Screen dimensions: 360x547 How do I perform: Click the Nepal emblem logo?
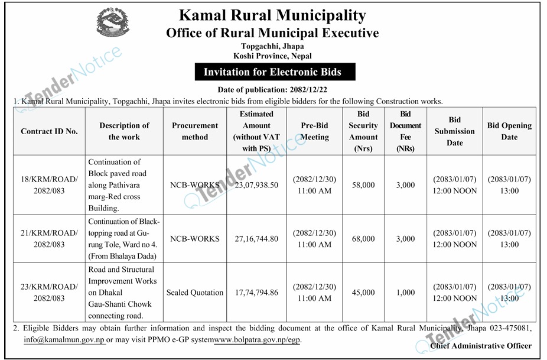coord(113,24)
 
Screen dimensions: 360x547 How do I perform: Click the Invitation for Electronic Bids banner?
coord(272,73)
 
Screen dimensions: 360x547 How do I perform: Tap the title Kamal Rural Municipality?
coord(272,16)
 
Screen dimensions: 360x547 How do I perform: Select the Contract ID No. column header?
coord(50,131)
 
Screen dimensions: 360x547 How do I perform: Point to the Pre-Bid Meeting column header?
coord(315,131)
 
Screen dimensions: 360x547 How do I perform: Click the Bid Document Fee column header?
coord(405,131)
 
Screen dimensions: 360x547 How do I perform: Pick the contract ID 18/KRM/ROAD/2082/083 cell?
coord(50,185)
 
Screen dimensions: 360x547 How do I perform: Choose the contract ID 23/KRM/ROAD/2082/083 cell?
coord(50,293)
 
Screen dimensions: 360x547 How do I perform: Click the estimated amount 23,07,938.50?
coord(257,185)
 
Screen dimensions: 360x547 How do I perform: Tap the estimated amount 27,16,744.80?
coord(257,239)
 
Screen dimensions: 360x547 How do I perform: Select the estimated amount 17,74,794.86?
coord(257,293)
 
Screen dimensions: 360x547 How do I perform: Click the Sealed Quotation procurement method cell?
coord(195,293)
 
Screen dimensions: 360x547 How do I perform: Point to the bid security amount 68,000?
coord(363,239)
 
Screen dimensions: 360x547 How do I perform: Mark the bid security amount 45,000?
coord(363,293)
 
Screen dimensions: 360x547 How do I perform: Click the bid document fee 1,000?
coord(405,293)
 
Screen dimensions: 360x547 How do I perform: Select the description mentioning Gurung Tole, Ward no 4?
coord(124,239)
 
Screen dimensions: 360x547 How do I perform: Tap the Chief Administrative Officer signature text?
coord(481,346)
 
